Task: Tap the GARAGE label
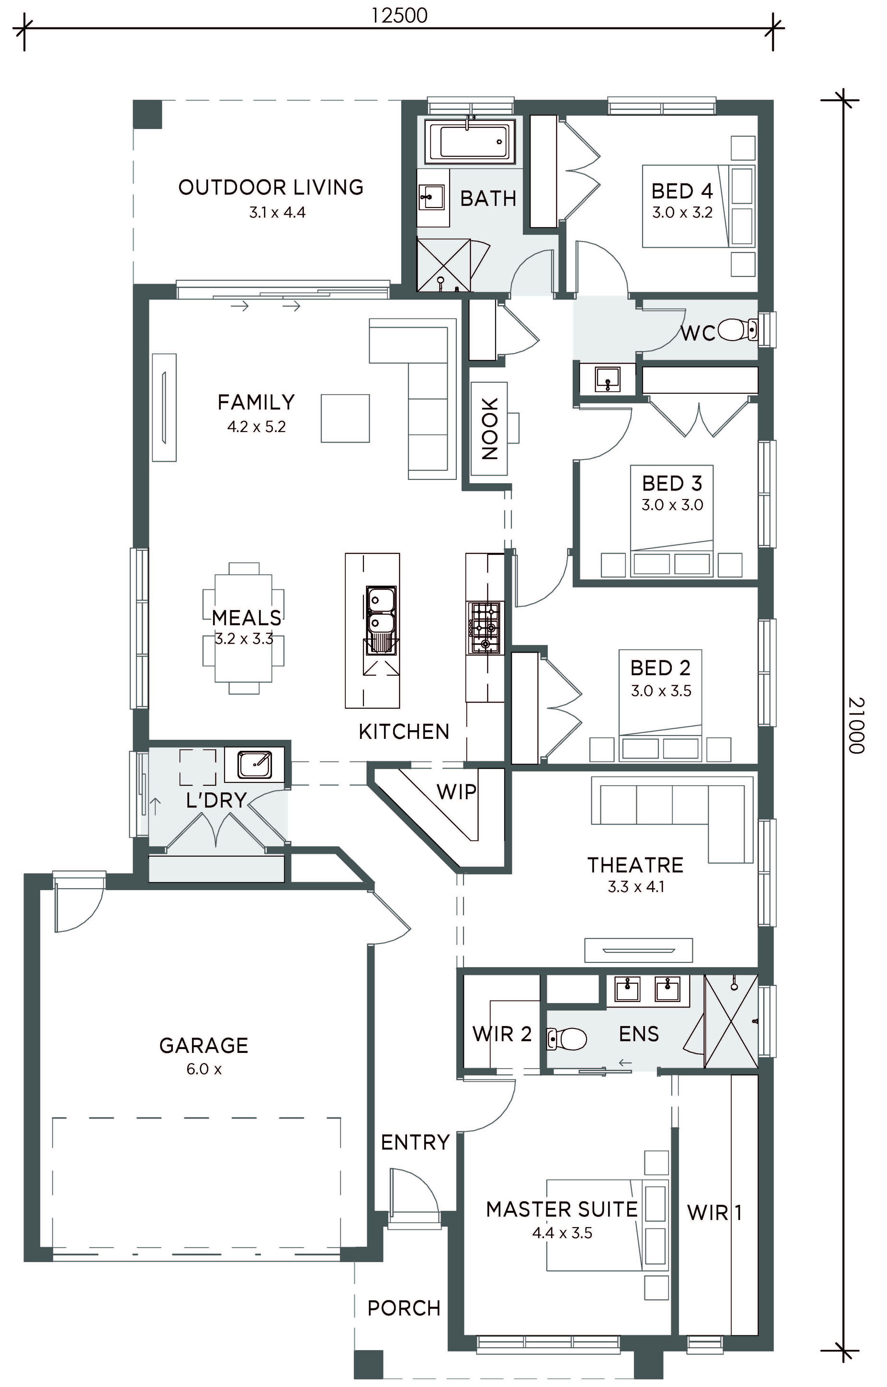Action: click(x=204, y=1045)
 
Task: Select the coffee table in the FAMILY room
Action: click(x=345, y=418)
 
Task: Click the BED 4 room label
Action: click(x=683, y=191)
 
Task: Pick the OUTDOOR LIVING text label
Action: click(x=271, y=187)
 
